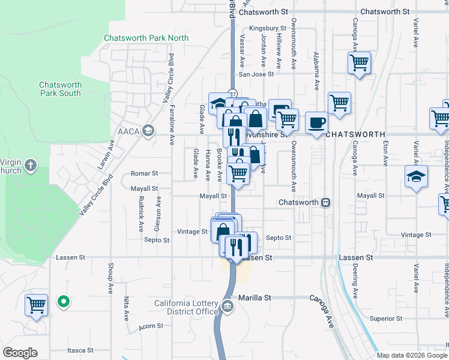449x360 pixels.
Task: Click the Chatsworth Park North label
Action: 146,38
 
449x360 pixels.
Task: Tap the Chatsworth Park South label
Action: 60,89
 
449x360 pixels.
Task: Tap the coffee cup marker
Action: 317,123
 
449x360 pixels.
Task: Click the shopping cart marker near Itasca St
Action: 37,305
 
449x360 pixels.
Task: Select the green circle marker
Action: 63,302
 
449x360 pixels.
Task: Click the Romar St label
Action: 144,173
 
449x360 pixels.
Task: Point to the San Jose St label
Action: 256,75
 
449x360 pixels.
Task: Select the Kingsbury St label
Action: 268,28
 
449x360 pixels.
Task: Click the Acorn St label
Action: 151,326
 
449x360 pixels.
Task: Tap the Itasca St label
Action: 80,350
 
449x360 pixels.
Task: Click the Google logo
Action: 20,352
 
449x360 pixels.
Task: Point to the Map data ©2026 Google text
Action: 411,355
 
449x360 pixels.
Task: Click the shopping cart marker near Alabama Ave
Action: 339,102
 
